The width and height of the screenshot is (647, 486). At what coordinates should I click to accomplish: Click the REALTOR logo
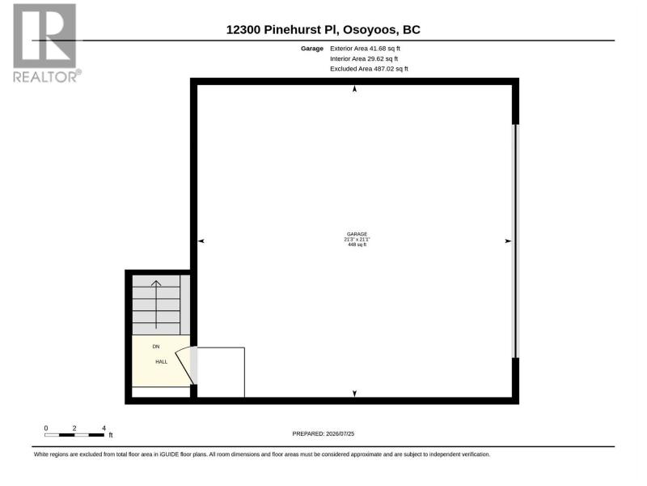pyautogui.click(x=45, y=43)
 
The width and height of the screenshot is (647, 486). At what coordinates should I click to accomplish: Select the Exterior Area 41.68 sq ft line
pyautogui.click(x=365, y=49)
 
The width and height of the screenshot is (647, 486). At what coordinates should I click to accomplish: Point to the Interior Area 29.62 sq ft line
pyautogui.click(x=364, y=58)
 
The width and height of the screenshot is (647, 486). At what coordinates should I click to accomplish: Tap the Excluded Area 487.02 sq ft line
pyautogui.click(x=369, y=69)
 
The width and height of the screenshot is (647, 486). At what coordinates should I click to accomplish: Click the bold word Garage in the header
pyautogui.click(x=312, y=49)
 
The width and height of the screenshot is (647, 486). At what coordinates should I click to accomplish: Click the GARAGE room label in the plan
pyautogui.click(x=357, y=234)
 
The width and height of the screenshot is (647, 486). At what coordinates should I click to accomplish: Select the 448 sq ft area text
pyautogui.click(x=357, y=245)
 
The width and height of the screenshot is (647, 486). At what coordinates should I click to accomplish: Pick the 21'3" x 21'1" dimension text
pyautogui.click(x=357, y=239)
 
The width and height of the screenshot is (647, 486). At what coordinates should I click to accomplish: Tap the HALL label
pyautogui.click(x=161, y=361)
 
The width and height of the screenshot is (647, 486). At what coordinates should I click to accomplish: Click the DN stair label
pyautogui.click(x=156, y=347)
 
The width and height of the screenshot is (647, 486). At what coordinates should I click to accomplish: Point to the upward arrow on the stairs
pyautogui.click(x=156, y=305)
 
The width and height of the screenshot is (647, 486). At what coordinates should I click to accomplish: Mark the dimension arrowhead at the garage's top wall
pyautogui.click(x=354, y=89)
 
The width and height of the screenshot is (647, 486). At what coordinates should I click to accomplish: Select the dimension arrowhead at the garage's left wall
pyautogui.click(x=201, y=241)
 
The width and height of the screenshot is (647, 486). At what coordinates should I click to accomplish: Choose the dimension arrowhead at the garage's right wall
pyautogui.click(x=509, y=241)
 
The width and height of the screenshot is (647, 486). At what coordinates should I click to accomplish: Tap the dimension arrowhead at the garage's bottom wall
pyautogui.click(x=354, y=394)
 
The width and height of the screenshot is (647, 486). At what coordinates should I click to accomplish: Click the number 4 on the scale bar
pyautogui.click(x=104, y=428)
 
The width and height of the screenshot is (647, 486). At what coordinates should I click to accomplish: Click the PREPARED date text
pyautogui.click(x=323, y=433)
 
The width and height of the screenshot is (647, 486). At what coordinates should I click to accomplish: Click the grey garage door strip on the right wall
pyautogui.click(x=515, y=241)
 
